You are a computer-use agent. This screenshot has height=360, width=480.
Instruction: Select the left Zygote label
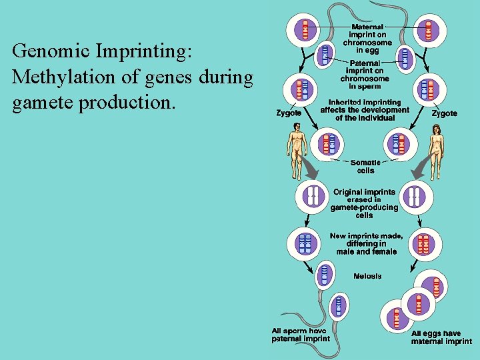[289, 113]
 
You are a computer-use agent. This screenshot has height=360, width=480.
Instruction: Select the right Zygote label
[444, 113]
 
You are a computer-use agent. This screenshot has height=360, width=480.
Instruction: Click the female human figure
[437, 153]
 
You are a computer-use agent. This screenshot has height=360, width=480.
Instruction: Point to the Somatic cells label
[366, 166]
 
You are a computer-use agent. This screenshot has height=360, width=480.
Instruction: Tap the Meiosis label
[367, 276]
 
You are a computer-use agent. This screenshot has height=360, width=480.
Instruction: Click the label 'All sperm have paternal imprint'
[300, 334]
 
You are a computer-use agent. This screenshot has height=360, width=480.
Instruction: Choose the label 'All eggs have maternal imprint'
[441, 337]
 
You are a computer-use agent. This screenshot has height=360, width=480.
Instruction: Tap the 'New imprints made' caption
[366, 243]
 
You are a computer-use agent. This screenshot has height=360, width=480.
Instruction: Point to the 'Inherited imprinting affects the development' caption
[365, 110]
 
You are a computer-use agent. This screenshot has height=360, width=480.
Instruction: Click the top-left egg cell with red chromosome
[305, 29]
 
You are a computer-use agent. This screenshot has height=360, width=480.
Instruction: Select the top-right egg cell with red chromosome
[427, 29]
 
